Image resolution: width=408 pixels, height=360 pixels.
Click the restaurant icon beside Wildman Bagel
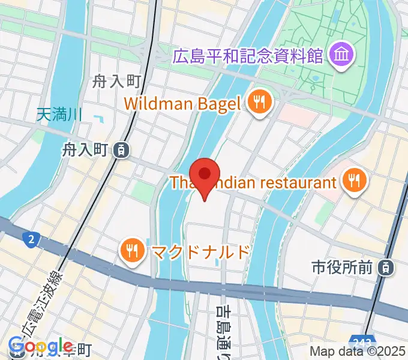click(x=259, y=103)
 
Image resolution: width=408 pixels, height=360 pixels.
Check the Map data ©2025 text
click(x=357, y=352)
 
